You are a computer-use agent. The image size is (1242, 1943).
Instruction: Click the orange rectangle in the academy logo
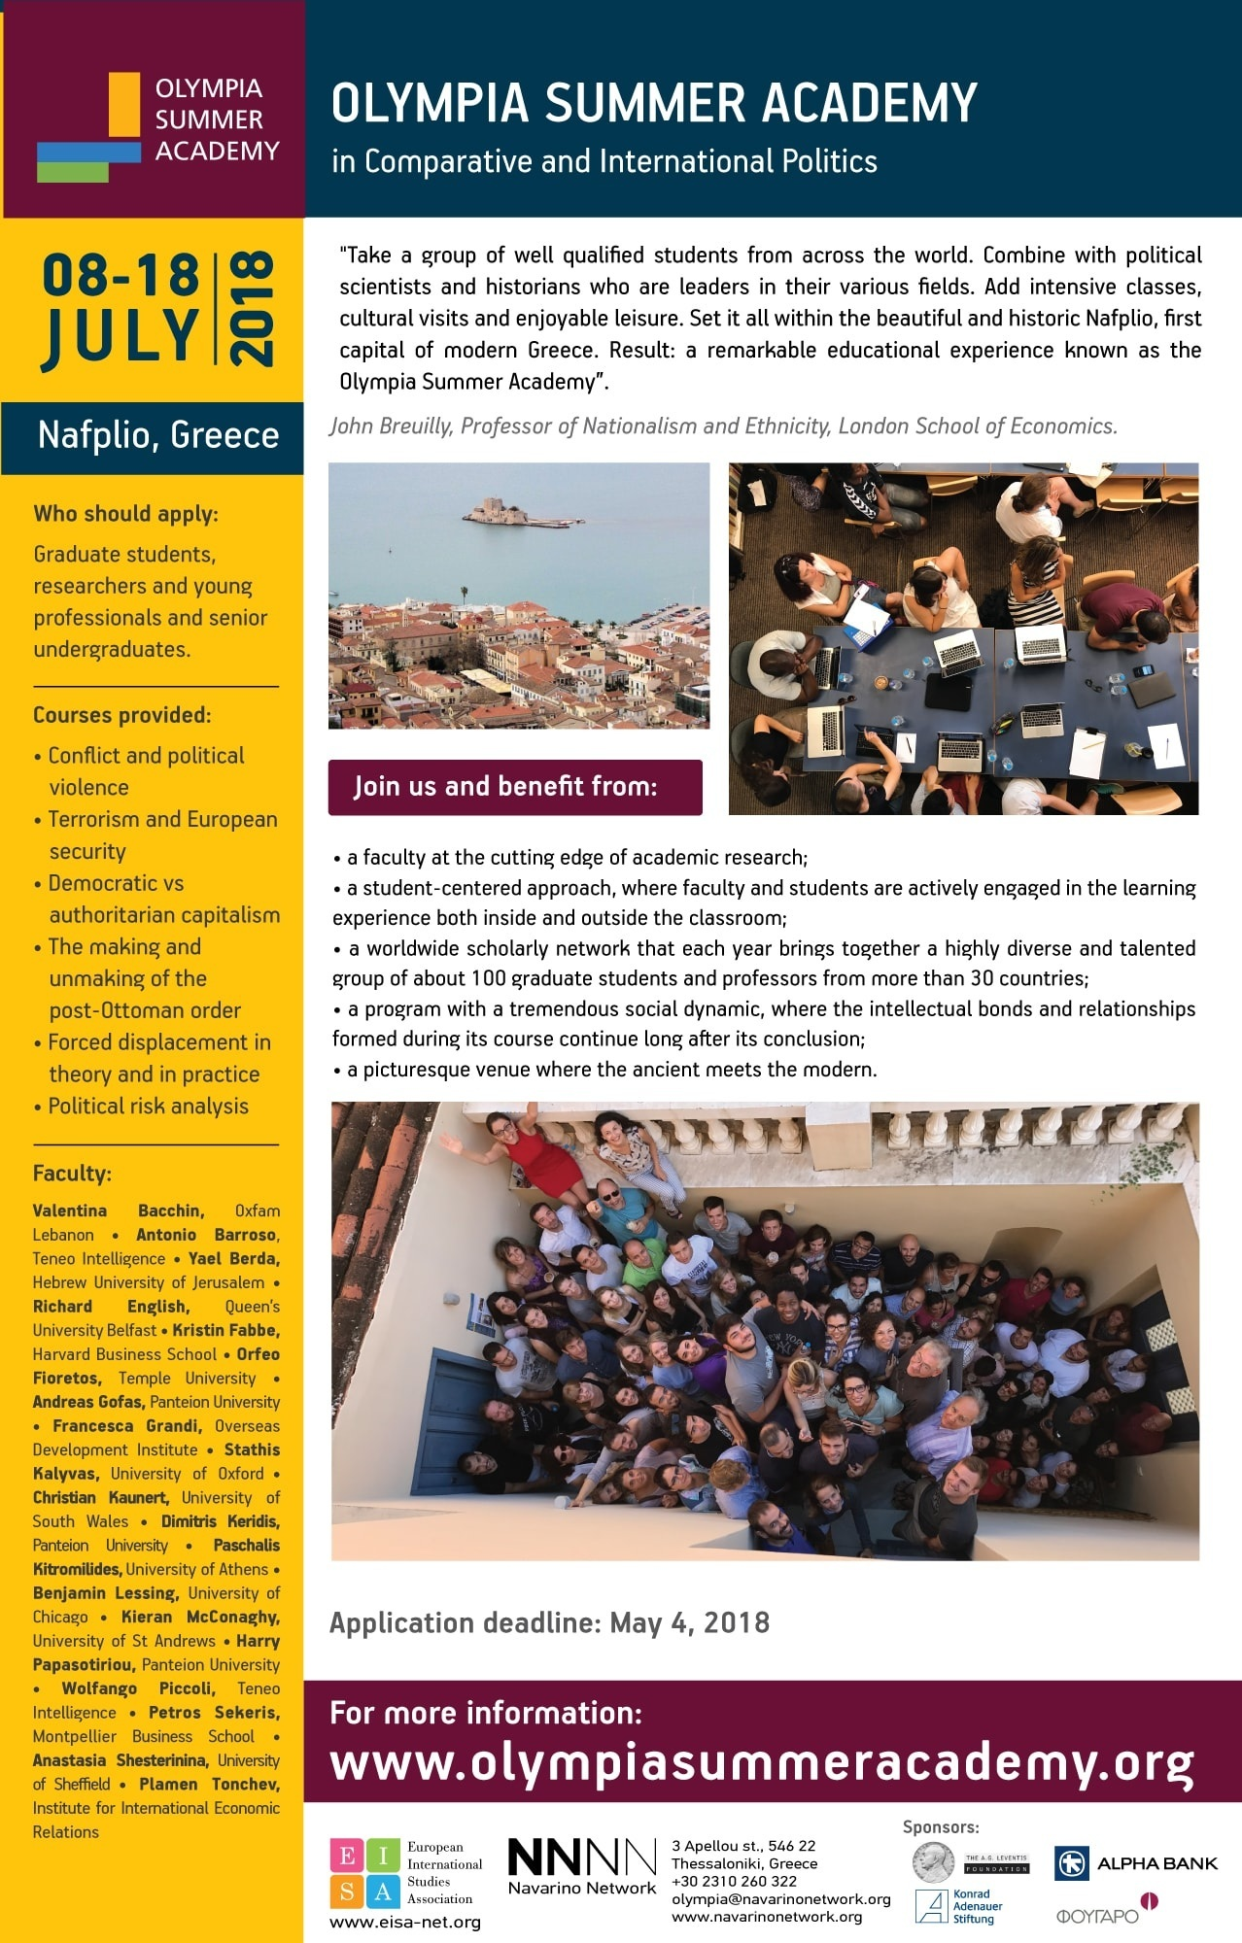[x=124, y=105]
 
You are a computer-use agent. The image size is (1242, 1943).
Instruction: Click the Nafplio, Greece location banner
[x=157, y=435]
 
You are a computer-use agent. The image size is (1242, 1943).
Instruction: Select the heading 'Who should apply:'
[x=125, y=513]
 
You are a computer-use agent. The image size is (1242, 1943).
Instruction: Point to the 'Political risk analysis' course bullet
[x=148, y=1106]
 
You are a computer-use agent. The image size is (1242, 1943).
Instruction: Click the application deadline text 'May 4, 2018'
[x=689, y=1622]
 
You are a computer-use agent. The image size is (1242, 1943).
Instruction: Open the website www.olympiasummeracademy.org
[x=761, y=1762]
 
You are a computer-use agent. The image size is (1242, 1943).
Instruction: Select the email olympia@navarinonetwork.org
[x=780, y=1899]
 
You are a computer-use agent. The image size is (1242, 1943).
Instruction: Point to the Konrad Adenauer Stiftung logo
[x=958, y=1906]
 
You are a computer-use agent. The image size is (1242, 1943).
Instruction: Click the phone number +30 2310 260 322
[x=734, y=1881]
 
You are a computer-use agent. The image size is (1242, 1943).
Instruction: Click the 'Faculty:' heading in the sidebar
[x=72, y=1173]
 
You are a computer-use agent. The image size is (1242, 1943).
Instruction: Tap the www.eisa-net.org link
[x=404, y=1922]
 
